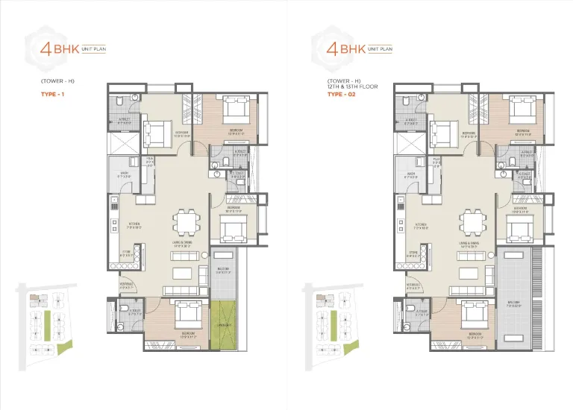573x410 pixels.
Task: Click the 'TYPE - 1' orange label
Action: pyautogui.click(x=52, y=94)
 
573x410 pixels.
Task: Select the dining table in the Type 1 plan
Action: pyautogui.click(x=185, y=222)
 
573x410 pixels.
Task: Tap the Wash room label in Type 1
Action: pyautogui.click(x=124, y=176)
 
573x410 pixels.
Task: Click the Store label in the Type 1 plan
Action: pyautogui.click(x=127, y=253)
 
